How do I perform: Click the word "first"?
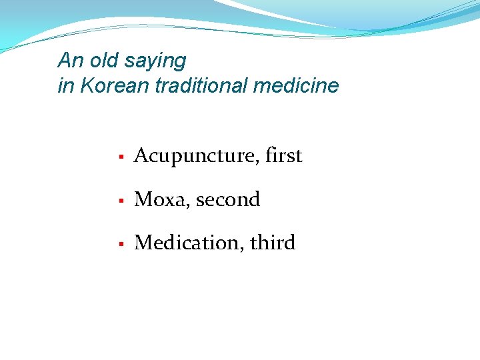click(x=283, y=155)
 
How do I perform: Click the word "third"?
click(x=273, y=243)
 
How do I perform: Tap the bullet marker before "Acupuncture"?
click(x=121, y=157)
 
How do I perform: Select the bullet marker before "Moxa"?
click(x=121, y=201)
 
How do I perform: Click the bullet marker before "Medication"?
click(x=121, y=244)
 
